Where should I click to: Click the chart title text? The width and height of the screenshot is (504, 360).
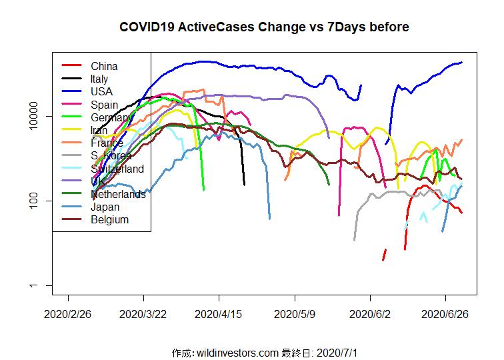pos(264,27)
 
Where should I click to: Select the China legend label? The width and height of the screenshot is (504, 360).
pos(104,66)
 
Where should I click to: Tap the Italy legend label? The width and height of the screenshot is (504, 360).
pos(99,79)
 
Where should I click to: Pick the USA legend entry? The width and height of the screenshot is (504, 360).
pos(101,91)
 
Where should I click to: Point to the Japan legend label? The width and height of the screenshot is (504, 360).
pos(105,207)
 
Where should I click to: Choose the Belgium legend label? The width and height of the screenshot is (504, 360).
pos(109,219)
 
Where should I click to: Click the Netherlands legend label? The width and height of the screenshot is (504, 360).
pos(118,194)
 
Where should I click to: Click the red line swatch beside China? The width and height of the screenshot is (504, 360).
pos(71,65)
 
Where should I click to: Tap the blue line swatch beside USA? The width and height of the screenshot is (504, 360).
pos(71,91)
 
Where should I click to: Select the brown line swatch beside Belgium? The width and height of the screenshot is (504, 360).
pos(71,219)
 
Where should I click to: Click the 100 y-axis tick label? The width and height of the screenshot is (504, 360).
pos(45,201)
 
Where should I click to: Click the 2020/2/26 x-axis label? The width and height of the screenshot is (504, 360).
pos(68,313)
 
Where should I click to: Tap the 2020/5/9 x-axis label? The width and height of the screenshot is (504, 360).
pos(295,313)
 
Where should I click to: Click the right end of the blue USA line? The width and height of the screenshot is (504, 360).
pos(461,63)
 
